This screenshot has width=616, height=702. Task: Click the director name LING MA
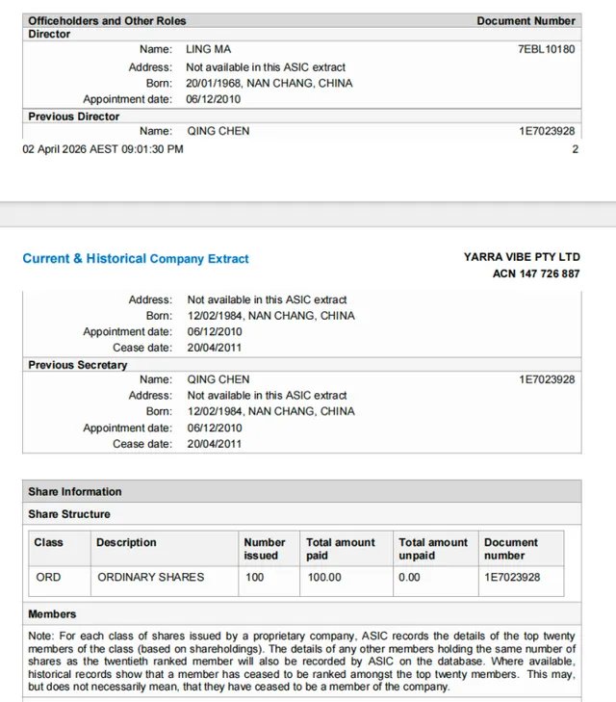208,49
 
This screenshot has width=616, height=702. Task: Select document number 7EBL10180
547,49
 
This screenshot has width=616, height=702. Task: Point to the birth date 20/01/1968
213,84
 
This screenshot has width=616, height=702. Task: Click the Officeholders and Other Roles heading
107,20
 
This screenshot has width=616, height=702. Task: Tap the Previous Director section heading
74,117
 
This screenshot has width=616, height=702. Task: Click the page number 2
576,149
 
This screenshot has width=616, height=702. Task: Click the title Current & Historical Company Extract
136,259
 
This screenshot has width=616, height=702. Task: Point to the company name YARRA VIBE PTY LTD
522,257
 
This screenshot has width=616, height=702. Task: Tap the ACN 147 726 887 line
536,273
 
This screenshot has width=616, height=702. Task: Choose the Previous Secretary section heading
78,365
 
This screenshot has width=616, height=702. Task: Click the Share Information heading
75,491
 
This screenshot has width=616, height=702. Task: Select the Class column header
48,543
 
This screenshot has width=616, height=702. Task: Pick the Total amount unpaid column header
433,549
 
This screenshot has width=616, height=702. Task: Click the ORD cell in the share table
48,577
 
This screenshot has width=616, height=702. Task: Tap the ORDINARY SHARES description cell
151,577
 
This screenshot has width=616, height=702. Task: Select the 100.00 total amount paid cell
324,577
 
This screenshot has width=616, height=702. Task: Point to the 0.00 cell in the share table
410,577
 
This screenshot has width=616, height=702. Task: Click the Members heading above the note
52,613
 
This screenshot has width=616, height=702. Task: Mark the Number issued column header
265,549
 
